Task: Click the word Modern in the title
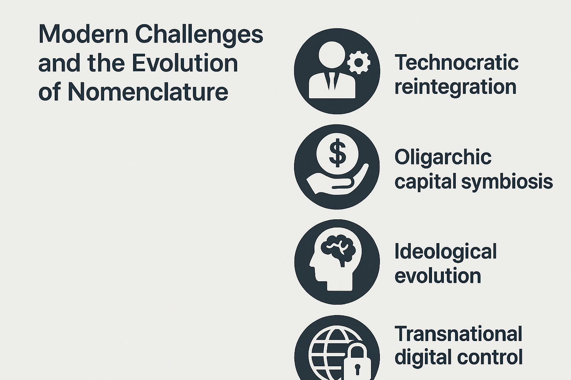tap(83, 34)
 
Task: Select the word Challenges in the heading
tap(199, 36)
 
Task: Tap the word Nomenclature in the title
tap(148, 92)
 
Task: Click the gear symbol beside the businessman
tap(359, 63)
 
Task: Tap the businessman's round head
tap(332, 55)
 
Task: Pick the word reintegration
tap(455, 87)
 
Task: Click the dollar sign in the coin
tap(338, 153)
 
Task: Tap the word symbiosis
tap(507, 182)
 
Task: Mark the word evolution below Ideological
tap(438, 276)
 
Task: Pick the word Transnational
tap(458, 333)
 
